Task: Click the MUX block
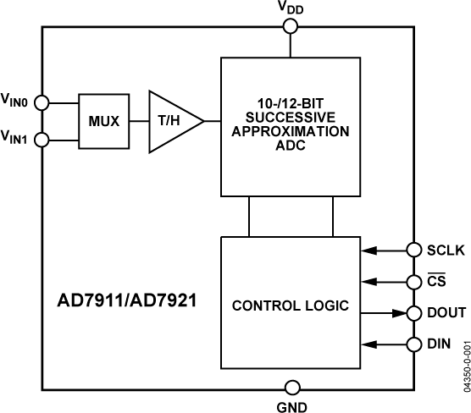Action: [x=103, y=121]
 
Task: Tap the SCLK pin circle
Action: [x=413, y=250]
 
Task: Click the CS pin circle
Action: [x=413, y=281]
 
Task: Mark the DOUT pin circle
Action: [x=413, y=312]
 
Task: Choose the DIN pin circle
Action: [x=413, y=344]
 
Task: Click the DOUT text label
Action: [x=445, y=312]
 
